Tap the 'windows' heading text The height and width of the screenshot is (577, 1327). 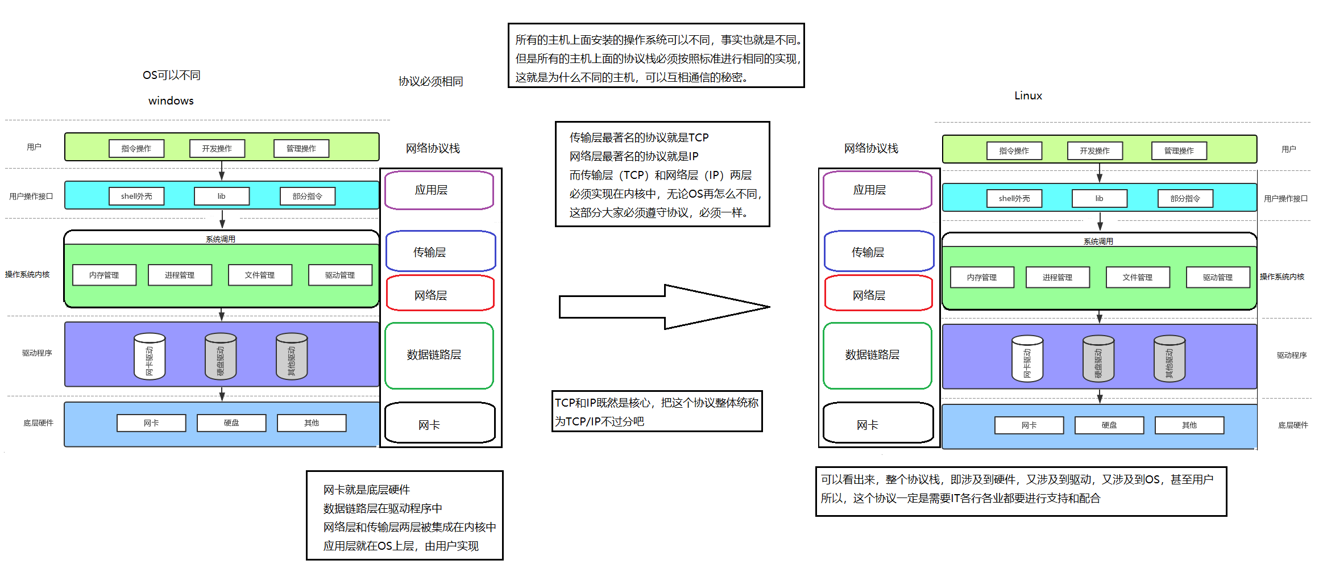click(171, 101)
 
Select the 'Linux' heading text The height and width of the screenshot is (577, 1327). click(1028, 95)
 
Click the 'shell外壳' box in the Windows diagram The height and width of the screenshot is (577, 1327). click(136, 196)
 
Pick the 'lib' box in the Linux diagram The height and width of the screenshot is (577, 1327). click(1099, 198)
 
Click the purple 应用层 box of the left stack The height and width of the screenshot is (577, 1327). click(439, 190)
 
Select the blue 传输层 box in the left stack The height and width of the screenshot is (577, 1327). click(440, 251)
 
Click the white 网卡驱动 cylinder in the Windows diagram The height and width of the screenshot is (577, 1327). click(150, 356)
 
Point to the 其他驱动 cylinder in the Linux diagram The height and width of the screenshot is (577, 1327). click(1169, 358)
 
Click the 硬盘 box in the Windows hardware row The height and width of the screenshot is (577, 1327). click(231, 423)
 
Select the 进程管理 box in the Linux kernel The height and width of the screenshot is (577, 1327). click(1058, 277)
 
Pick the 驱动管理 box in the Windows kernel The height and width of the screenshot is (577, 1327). click(340, 275)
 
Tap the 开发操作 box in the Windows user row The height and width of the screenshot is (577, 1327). click(217, 148)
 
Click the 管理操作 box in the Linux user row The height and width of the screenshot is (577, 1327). click(1179, 150)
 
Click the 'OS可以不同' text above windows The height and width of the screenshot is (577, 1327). click(171, 75)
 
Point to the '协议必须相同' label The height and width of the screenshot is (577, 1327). click(430, 81)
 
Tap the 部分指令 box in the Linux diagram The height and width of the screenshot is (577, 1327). click(1185, 198)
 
